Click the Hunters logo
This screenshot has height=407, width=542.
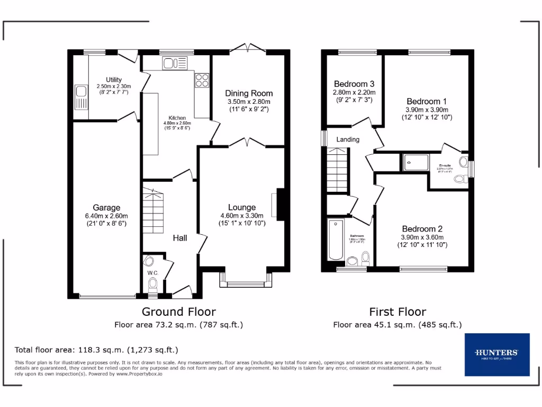(496, 354)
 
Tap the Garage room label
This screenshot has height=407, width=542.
(106, 208)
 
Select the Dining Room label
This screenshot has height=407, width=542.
(249, 93)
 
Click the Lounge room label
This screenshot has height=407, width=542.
(242, 207)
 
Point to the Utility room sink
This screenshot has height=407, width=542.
(80, 96)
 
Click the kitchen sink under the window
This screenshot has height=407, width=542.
(171, 64)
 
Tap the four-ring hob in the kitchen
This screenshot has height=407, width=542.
(202, 79)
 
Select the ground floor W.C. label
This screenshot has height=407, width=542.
(152, 273)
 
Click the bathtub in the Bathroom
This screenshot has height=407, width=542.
(335, 240)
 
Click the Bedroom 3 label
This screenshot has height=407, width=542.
(354, 84)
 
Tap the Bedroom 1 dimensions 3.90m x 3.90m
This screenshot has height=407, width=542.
(426, 110)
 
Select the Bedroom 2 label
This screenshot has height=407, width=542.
(422, 229)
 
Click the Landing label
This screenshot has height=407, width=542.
(348, 139)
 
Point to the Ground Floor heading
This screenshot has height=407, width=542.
(178, 312)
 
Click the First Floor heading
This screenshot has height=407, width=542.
(397, 312)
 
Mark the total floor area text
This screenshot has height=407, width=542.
(96, 350)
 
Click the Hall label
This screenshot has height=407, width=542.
(180, 238)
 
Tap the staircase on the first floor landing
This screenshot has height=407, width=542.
(337, 171)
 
